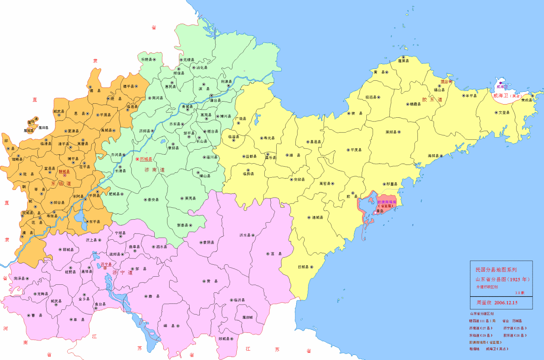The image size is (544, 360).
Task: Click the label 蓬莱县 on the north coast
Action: click(403, 61)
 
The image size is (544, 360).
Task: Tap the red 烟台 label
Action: click(445, 81)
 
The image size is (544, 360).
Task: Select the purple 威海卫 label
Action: click(502, 87)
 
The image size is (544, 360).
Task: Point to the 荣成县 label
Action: click(526, 100)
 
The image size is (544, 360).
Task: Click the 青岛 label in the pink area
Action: click(381, 211)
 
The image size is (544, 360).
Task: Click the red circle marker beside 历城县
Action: click(137, 159)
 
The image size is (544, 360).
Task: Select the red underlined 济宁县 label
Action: click(106, 264)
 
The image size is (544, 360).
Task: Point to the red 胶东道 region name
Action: click(429, 100)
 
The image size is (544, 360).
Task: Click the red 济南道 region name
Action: click(152, 170)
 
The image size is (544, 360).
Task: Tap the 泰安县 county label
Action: click(153, 199)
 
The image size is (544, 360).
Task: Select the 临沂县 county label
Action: click(239, 300)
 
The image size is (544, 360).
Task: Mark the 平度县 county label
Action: click(356, 150)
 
